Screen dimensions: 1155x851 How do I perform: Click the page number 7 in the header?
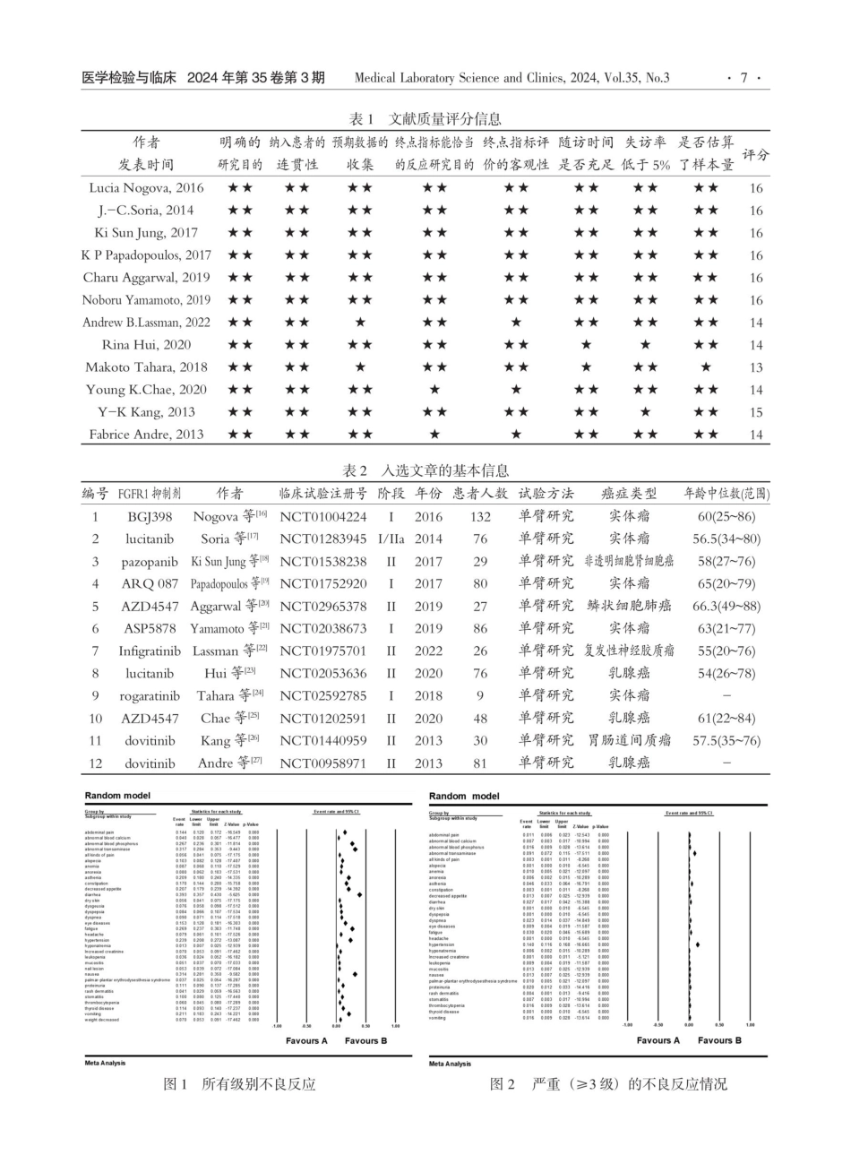pyautogui.click(x=743, y=78)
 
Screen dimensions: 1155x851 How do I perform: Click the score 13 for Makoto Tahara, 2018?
pyautogui.click(x=756, y=367)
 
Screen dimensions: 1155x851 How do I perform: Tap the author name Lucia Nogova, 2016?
pyautogui.click(x=146, y=188)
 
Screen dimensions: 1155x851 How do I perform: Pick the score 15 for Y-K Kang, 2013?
pyautogui.click(x=756, y=412)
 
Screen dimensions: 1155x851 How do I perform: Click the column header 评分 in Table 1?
pyautogui.click(x=756, y=153)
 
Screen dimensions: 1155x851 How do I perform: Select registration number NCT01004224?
pyautogui.click(x=322, y=517)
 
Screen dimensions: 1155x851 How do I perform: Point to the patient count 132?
pyautogui.click(x=480, y=517)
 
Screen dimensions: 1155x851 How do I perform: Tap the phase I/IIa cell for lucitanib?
pyautogui.click(x=391, y=539)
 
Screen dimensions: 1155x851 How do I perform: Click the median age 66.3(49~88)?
pyautogui.click(x=726, y=607)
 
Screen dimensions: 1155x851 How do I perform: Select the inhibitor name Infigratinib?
pyautogui.click(x=150, y=651)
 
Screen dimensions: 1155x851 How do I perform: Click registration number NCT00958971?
pyautogui.click(x=322, y=763)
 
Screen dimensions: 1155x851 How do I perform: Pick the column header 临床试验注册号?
pyautogui.click(x=322, y=494)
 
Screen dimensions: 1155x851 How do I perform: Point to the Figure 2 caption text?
pyautogui.click(x=609, y=1084)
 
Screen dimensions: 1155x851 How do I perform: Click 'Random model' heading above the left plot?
pyautogui.click(x=117, y=796)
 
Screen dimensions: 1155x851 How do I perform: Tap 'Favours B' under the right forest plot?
pyautogui.click(x=719, y=1040)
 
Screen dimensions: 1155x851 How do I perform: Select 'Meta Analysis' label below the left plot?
pyautogui.click(x=105, y=1063)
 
